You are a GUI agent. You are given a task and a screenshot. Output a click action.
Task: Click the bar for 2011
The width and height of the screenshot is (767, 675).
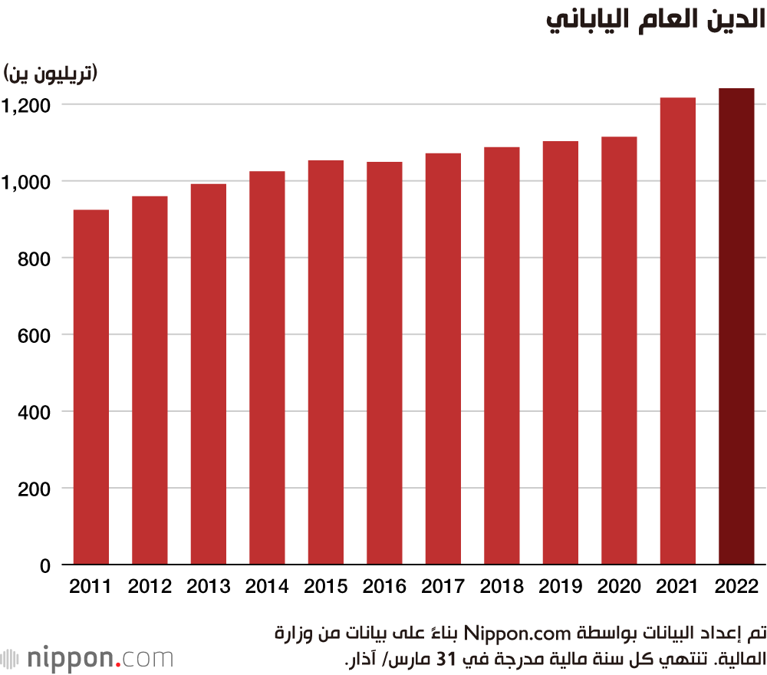point(91,387)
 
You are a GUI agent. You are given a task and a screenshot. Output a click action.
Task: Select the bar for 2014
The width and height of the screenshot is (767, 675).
point(267,368)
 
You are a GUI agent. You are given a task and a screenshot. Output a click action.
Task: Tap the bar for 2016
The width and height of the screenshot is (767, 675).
point(384,364)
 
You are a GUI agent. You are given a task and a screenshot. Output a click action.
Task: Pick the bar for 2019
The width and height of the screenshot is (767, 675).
point(561,353)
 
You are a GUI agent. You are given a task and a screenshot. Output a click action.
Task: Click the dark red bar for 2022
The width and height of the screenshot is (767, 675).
point(736,327)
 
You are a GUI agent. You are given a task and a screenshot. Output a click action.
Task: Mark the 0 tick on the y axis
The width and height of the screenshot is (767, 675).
point(45,566)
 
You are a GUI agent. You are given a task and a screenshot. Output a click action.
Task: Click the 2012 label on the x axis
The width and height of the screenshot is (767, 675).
point(150,588)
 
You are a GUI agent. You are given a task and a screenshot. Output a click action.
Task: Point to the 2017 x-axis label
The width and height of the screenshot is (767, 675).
point(443,588)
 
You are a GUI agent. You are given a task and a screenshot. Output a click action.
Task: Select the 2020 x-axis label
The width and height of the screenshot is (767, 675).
point(619,588)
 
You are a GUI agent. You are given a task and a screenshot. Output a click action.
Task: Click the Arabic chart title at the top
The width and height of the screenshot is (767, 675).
point(655,21)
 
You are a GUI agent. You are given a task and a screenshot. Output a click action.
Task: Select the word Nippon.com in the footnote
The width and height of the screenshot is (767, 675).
point(522,634)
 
